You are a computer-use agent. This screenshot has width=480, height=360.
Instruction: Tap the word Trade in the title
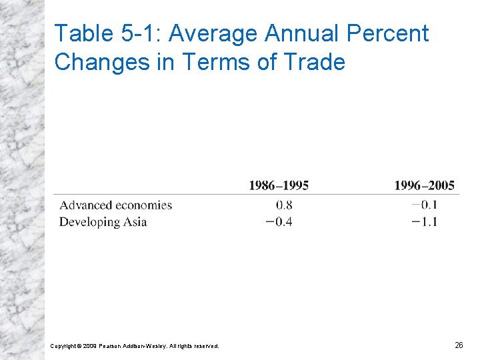click(315, 62)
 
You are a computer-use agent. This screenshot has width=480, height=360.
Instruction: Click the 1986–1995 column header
click(279, 185)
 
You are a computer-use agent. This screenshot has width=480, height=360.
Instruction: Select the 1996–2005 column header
click(425, 185)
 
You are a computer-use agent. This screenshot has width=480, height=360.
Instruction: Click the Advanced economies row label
click(115, 205)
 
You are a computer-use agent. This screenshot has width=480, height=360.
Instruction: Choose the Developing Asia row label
click(103, 222)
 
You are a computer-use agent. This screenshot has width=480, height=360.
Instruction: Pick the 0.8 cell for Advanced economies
click(284, 205)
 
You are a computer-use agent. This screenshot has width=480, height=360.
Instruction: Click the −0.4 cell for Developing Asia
click(279, 222)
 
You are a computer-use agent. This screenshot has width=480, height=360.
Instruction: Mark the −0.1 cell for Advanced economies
click(425, 205)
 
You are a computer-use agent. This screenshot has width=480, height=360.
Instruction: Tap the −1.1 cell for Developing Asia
click(425, 222)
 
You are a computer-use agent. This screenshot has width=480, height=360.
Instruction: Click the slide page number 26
click(459, 345)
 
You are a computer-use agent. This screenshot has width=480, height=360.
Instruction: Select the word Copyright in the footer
click(64, 346)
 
